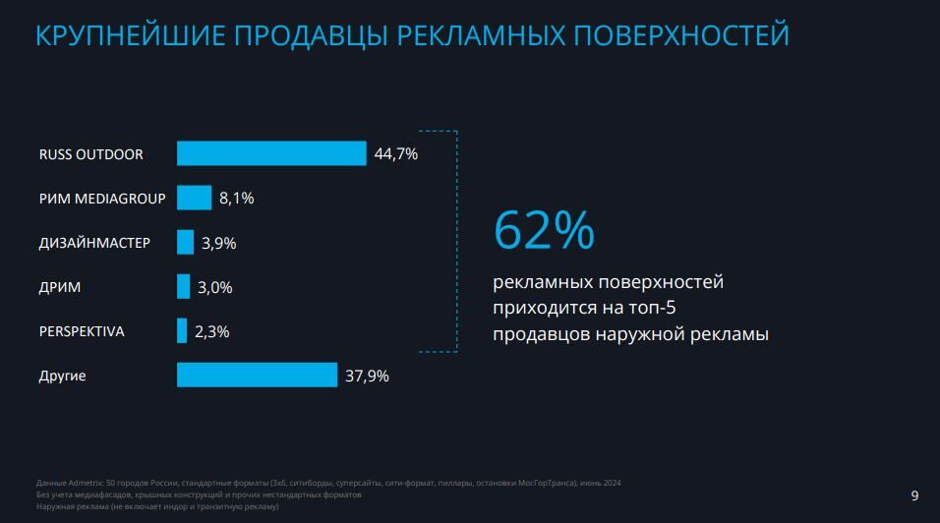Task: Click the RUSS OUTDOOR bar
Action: click(271, 153)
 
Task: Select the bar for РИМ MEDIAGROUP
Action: click(194, 198)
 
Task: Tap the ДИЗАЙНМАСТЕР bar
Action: click(185, 242)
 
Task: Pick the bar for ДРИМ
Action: click(183, 286)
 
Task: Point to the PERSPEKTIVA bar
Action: click(182, 331)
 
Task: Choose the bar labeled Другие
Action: click(257, 375)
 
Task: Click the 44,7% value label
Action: click(396, 153)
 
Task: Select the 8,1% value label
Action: click(237, 199)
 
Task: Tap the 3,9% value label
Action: click(218, 243)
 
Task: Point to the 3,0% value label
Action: click(214, 287)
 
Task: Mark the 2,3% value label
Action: click(211, 332)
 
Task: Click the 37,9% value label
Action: click(367, 376)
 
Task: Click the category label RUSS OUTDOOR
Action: click(90, 154)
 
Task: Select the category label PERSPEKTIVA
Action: click(82, 331)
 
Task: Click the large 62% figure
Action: click(544, 230)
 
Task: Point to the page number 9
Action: click(915, 494)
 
